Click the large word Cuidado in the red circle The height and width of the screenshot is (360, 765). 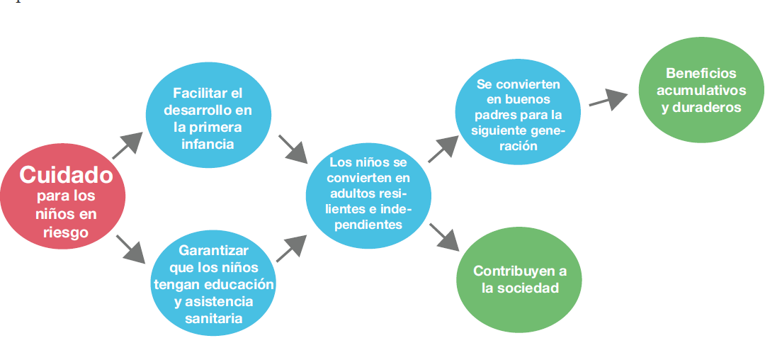[x=66, y=174]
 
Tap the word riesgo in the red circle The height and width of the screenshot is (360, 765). [x=65, y=232]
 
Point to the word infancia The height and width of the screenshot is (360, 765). [x=208, y=145]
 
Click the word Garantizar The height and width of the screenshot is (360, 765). [x=213, y=251]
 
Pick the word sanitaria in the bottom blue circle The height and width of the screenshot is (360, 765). [x=213, y=318]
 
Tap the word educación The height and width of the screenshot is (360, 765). [x=241, y=285]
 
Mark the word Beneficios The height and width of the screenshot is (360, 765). [x=701, y=74]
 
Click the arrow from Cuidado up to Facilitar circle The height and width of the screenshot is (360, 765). [x=127, y=145]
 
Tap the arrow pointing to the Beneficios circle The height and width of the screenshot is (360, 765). [x=608, y=99]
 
